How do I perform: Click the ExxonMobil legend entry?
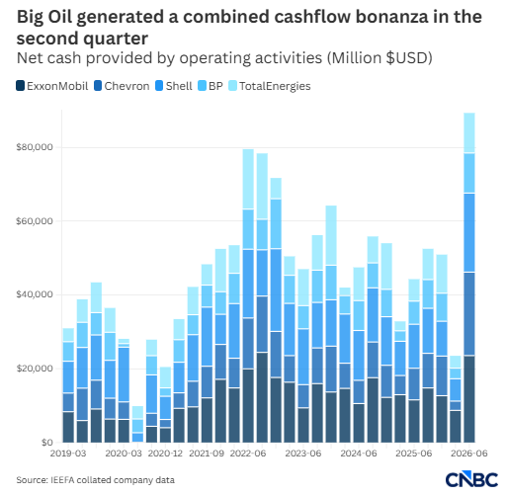click(x=52, y=86)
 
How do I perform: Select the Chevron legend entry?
click(x=122, y=86)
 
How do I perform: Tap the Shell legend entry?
click(x=174, y=86)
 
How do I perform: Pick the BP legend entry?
click(x=211, y=86)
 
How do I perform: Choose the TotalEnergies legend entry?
click(x=270, y=86)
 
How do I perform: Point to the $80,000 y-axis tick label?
click(x=35, y=147)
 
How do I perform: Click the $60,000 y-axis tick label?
click(x=35, y=221)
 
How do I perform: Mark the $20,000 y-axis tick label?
click(x=35, y=369)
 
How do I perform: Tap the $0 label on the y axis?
click(x=47, y=443)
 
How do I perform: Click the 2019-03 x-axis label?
click(x=68, y=454)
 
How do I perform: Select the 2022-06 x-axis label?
click(x=248, y=454)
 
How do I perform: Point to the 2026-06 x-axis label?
click(x=469, y=454)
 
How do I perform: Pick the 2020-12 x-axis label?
click(x=165, y=454)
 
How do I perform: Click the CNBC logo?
click(x=471, y=479)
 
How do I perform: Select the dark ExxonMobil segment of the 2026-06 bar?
click(x=469, y=399)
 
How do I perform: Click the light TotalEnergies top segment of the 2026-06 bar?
click(x=469, y=133)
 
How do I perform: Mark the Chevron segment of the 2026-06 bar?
click(x=469, y=314)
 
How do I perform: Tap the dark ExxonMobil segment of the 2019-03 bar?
click(x=68, y=427)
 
